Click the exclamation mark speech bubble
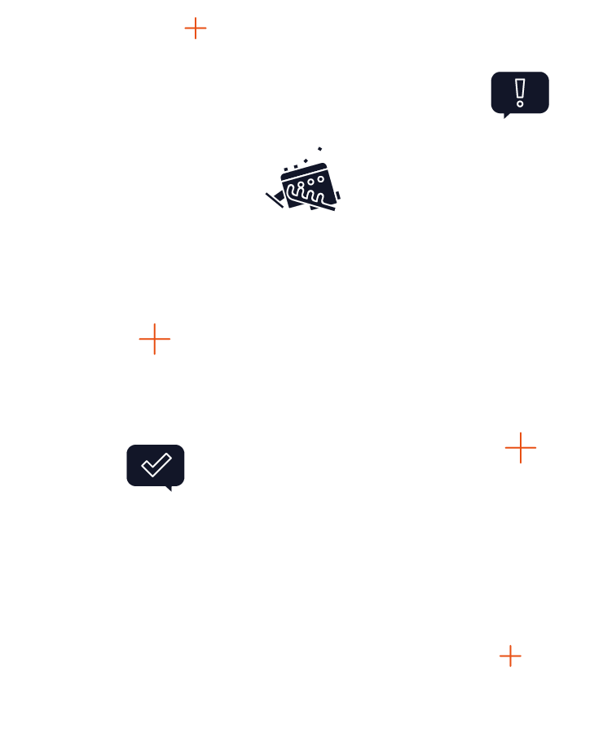point(520,92)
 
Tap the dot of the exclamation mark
point(520,104)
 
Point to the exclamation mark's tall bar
point(520,88)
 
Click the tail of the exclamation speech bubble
point(507,116)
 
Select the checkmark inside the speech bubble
point(156,465)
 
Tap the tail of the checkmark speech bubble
point(169,489)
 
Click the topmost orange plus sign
point(196,29)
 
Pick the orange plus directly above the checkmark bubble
point(154,339)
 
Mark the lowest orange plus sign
point(510,656)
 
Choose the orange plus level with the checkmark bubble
point(521,447)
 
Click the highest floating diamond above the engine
point(320,149)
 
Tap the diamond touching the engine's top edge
point(306,160)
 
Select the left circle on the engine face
point(301,185)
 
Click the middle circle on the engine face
point(310,182)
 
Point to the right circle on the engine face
point(321,179)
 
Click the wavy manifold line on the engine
point(306,195)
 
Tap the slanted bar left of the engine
point(275,200)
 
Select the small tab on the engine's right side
point(339,195)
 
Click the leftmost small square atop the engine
point(286,169)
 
